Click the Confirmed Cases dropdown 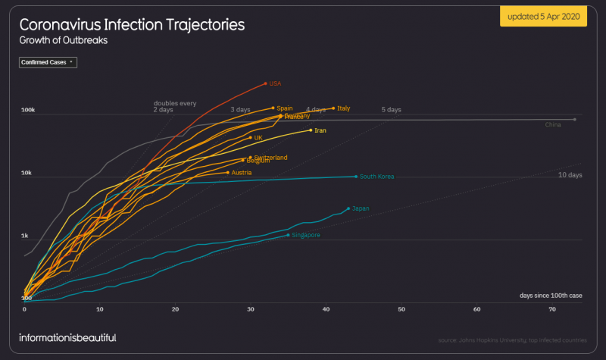(x=48, y=62)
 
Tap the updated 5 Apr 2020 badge (x=543, y=17)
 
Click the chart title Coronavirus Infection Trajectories (x=132, y=24)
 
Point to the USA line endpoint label (x=276, y=83)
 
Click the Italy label (x=343, y=108)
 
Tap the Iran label (x=320, y=130)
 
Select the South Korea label (x=376, y=177)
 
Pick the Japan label (x=361, y=208)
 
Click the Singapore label (x=305, y=235)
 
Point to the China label (x=553, y=124)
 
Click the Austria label (x=241, y=173)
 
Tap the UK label (x=258, y=138)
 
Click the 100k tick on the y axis (x=28, y=110)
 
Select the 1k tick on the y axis (x=26, y=236)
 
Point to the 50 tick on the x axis (x=401, y=309)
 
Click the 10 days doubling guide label (x=570, y=175)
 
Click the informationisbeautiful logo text (x=67, y=337)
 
